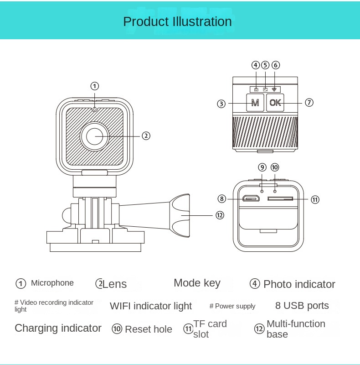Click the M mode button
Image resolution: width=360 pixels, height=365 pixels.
(255, 103)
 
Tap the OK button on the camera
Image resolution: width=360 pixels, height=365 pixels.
(275, 103)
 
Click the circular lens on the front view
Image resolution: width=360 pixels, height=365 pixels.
(95, 136)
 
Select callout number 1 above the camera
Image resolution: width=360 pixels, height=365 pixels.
(94, 86)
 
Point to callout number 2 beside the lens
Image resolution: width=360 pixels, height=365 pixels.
(146, 136)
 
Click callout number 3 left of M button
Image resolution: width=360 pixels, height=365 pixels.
(221, 104)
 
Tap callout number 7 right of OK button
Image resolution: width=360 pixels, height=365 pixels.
(309, 103)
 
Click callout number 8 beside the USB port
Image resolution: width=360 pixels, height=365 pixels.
(221, 198)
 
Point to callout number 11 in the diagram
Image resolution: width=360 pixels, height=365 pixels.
(315, 199)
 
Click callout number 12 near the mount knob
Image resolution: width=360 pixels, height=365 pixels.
(220, 215)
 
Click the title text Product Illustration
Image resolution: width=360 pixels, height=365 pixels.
(177, 21)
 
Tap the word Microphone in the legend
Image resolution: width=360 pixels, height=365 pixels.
(52, 283)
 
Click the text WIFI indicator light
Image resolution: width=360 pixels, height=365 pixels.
(151, 306)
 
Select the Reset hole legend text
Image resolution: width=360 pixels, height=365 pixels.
(148, 329)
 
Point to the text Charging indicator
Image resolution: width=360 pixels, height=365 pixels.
(58, 328)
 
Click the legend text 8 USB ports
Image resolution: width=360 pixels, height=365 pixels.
(302, 306)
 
